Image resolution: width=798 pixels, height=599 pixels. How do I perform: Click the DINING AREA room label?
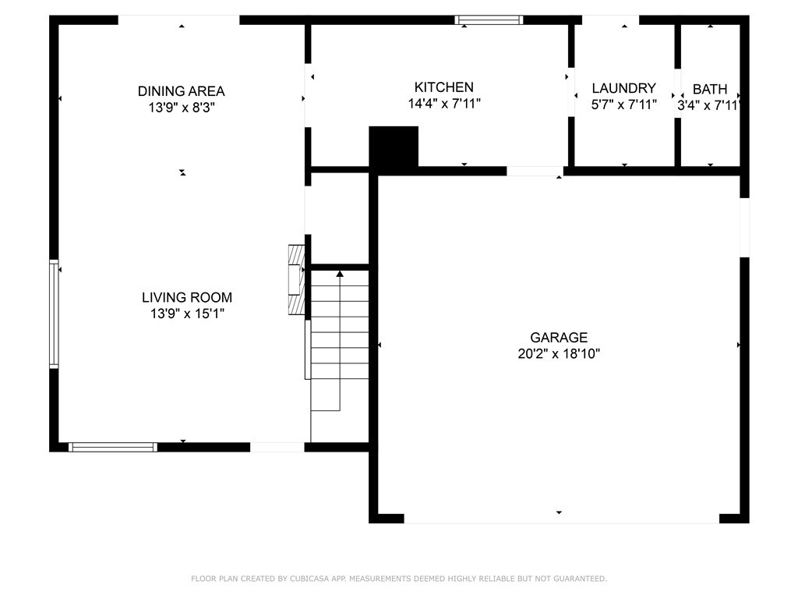click(x=181, y=91)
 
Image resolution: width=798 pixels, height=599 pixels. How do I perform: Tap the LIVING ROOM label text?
click(x=187, y=297)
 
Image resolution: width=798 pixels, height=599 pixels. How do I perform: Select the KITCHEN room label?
click(x=443, y=87)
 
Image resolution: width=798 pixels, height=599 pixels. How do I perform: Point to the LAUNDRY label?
click(x=623, y=88)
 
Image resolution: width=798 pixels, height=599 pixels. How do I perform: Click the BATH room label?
click(x=709, y=89)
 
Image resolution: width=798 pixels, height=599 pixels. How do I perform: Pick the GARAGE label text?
click(x=559, y=338)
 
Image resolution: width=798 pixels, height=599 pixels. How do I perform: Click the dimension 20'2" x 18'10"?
click(x=559, y=354)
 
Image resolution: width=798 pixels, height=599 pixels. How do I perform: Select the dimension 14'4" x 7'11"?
click(x=443, y=104)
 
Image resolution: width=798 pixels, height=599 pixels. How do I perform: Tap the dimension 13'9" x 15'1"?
click(x=187, y=314)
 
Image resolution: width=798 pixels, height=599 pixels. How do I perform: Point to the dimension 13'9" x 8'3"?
click(x=181, y=108)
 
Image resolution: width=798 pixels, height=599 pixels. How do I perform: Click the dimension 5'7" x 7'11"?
click(x=623, y=105)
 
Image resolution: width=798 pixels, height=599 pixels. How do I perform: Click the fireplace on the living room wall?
click(x=296, y=280)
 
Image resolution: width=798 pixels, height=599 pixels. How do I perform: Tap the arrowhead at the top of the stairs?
click(x=340, y=274)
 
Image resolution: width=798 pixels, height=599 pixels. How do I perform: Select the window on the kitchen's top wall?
click(x=489, y=19)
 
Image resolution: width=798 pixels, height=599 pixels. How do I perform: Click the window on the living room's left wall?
click(x=54, y=314)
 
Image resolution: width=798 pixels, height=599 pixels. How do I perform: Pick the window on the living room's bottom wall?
click(x=113, y=447)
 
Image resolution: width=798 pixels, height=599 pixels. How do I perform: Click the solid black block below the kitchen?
click(x=394, y=147)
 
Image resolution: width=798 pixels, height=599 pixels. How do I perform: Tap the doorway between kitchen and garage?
click(x=535, y=171)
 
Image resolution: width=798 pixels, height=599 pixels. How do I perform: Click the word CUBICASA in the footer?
click(x=309, y=579)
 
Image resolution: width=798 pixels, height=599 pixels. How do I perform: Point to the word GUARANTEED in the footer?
click(x=580, y=579)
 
